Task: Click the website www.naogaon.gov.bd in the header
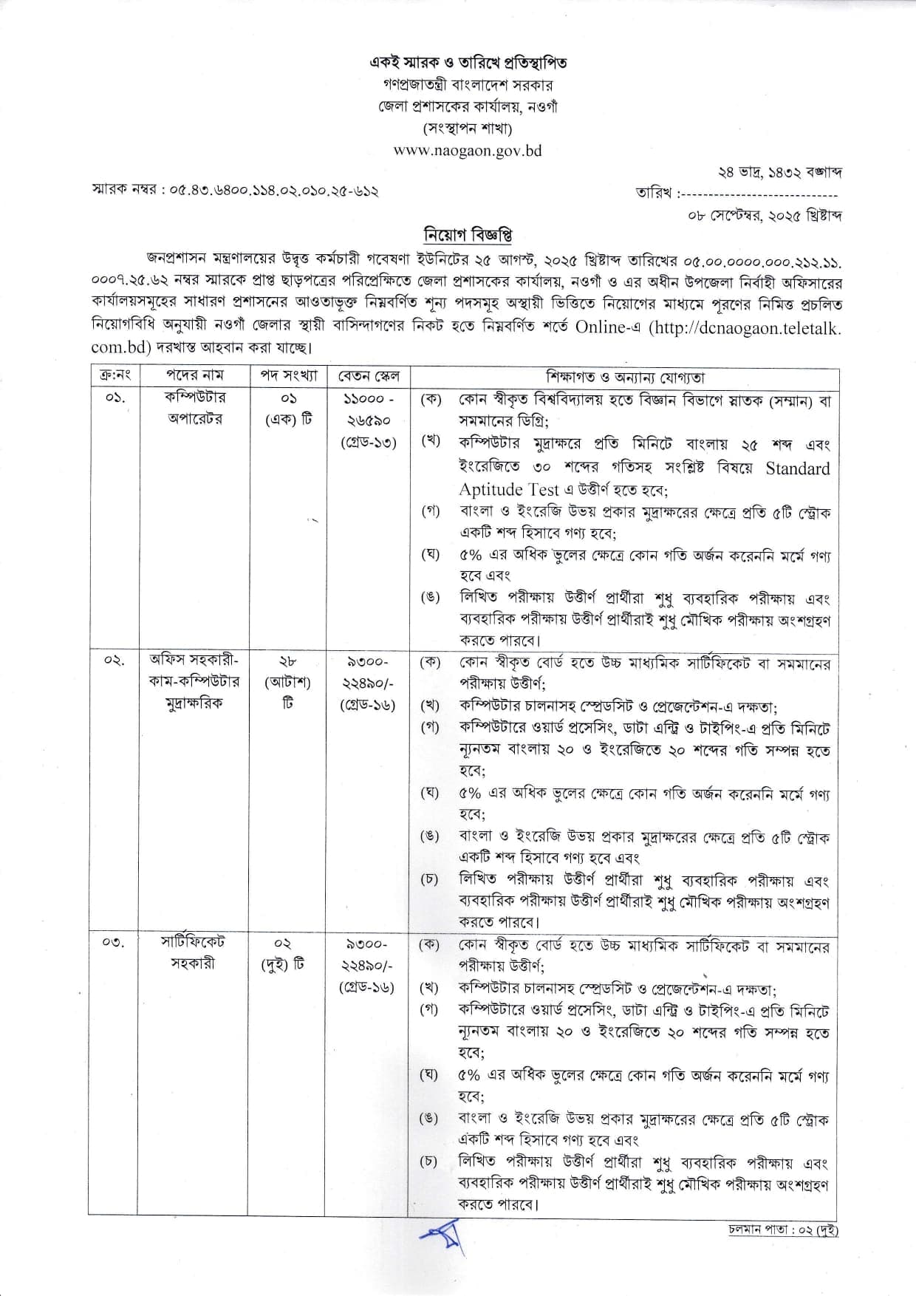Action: point(468,151)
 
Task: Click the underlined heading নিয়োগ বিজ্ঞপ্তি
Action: point(468,236)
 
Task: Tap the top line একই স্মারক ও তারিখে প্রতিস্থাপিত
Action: point(468,63)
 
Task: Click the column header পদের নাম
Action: point(194,376)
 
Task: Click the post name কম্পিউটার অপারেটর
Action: point(194,408)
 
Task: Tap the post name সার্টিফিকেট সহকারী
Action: point(194,953)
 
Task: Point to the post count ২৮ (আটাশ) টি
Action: point(288,681)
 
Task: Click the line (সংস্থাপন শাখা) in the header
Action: point(468,129)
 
